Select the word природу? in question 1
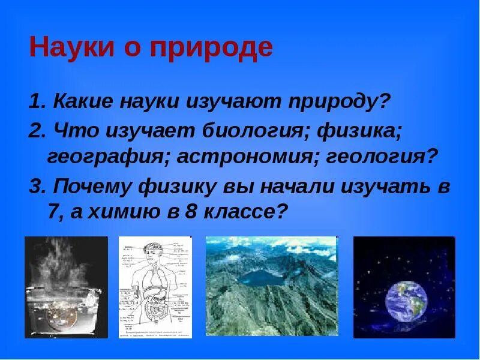coord(341,101)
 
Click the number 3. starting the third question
coord(37,187)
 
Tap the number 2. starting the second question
coord(37,130)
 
